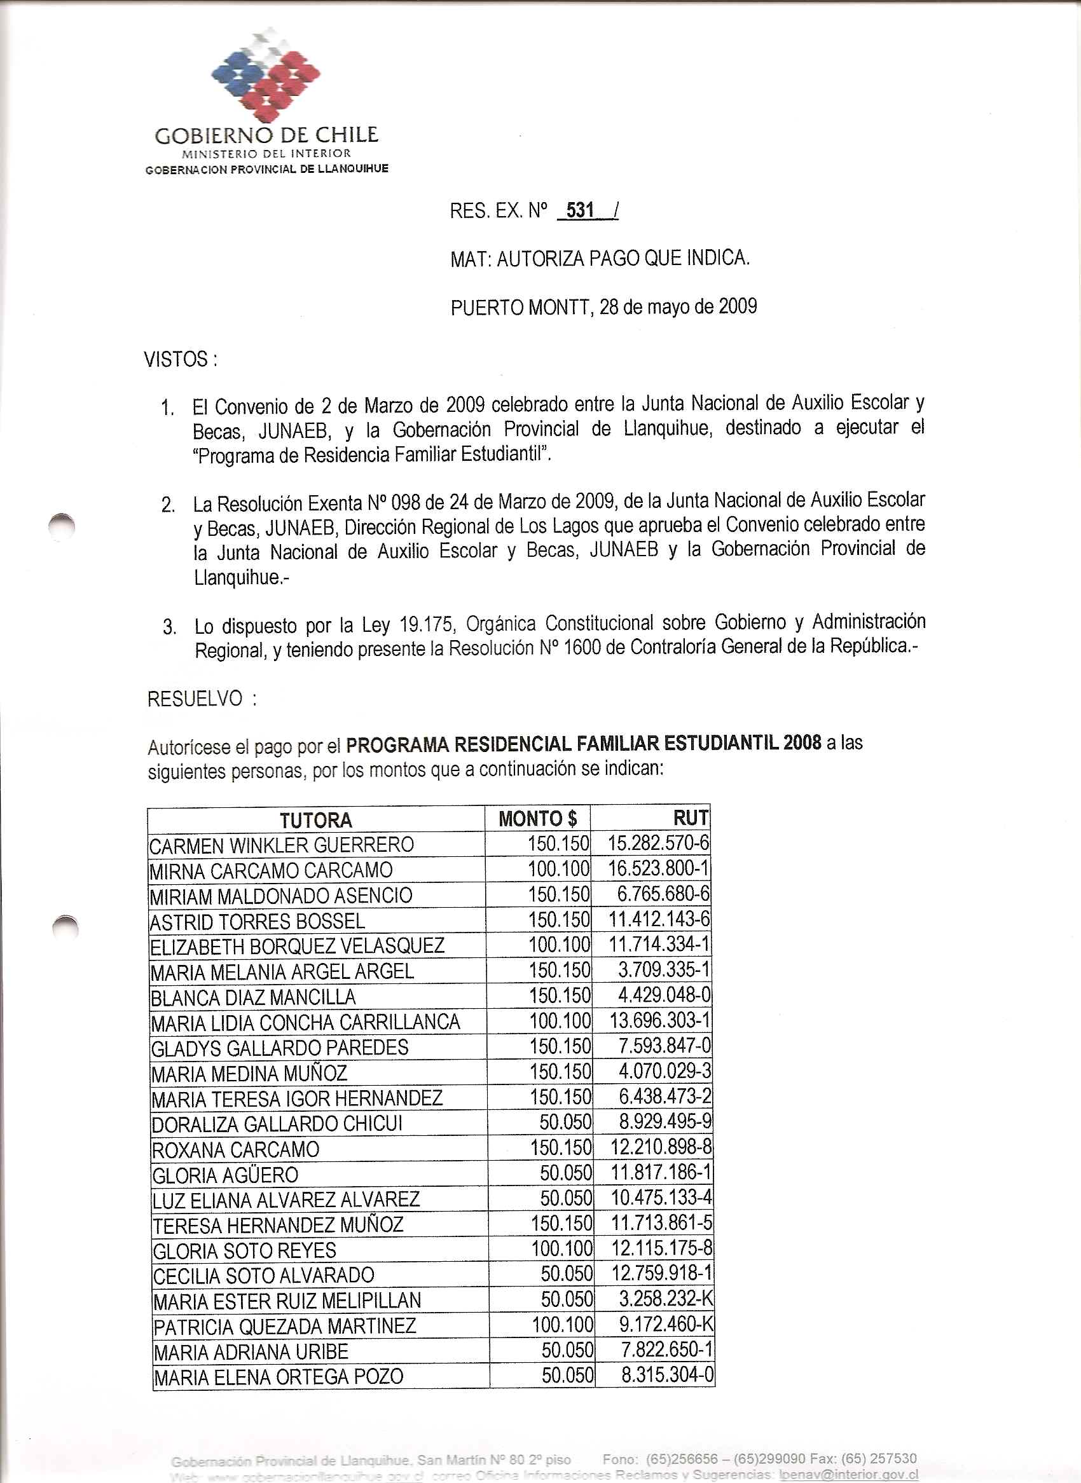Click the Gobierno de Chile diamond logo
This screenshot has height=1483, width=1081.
266,74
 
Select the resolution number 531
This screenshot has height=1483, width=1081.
580,210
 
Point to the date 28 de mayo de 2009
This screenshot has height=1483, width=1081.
678,306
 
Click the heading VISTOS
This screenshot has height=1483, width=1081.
179,359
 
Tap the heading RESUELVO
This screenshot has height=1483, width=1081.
195,699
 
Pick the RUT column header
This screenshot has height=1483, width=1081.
691,817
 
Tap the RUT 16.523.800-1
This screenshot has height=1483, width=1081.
658,869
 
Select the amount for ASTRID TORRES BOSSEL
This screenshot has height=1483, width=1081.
560,920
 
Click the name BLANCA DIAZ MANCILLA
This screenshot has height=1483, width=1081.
253,997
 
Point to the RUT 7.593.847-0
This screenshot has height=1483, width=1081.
664,1047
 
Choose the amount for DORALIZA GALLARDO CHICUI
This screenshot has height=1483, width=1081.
565,1123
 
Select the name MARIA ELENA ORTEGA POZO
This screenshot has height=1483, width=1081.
278,1376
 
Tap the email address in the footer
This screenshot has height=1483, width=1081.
849,1475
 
